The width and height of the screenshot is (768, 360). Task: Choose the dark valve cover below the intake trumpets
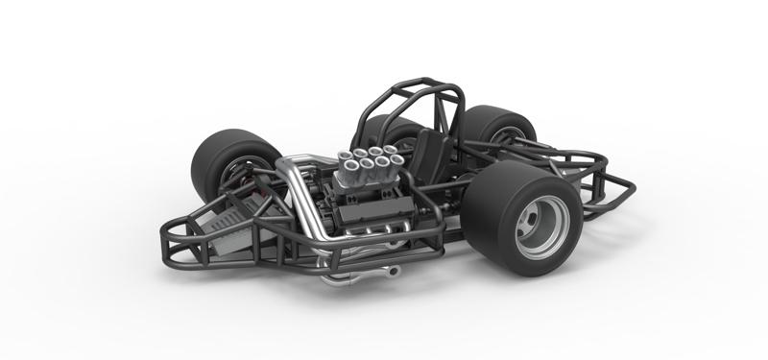[x=350, y=206]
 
